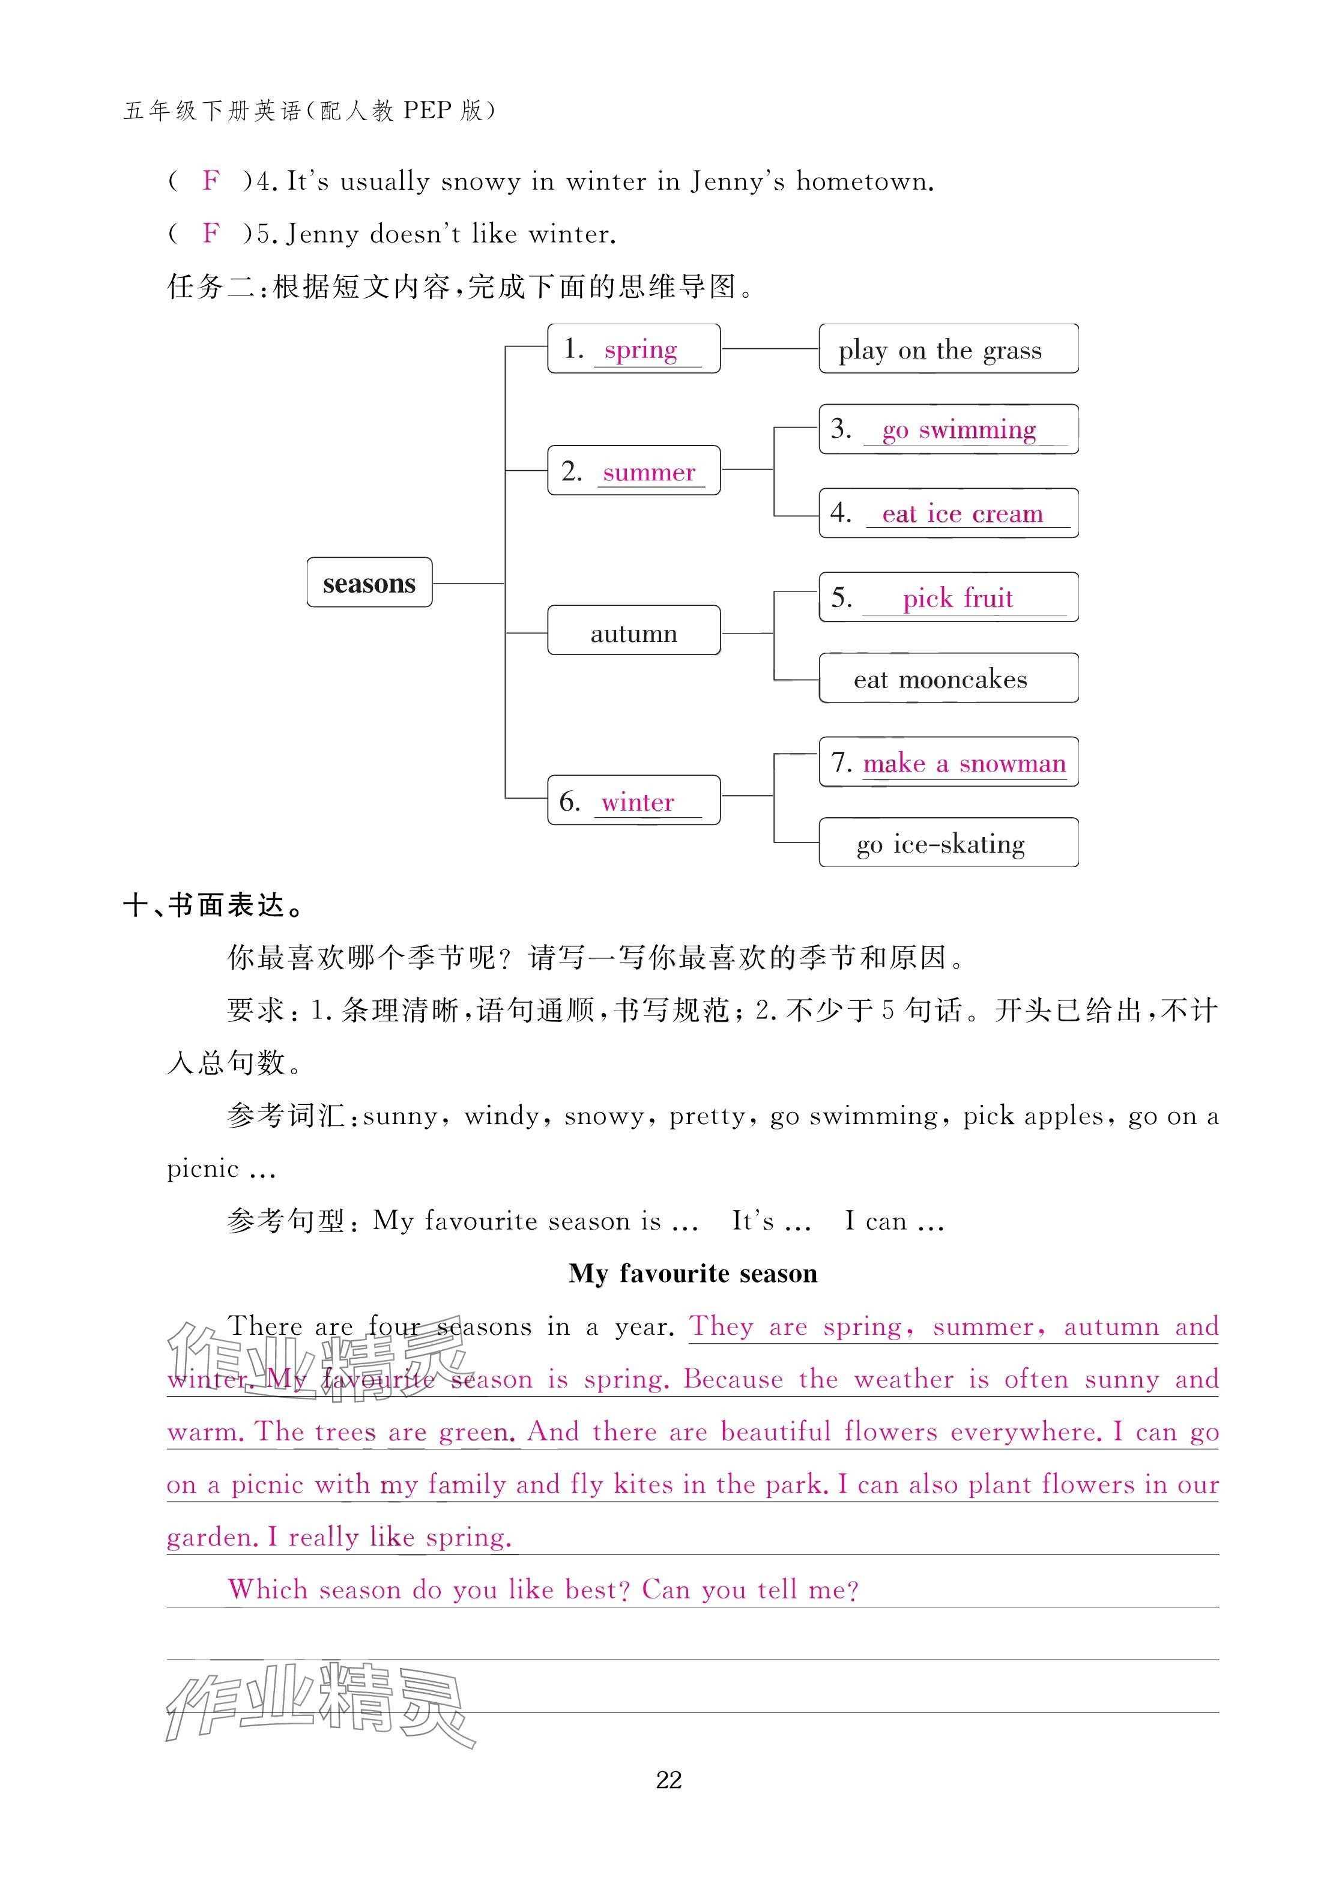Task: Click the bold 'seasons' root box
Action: coord(369,583)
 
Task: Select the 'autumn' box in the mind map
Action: coord(633,632)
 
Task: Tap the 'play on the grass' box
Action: coord(948,349)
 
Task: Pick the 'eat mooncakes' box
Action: coord(948,679)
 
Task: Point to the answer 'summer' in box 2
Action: coord(649,473)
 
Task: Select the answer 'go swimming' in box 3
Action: coord(959,429)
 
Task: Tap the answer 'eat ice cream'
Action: coord(962,513)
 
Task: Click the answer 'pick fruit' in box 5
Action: coord(957,597)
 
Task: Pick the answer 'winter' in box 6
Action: coord(637,802)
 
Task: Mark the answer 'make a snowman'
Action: coord(964,763)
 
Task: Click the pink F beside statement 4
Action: coord(211,181)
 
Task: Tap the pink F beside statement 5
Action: coord(211,234)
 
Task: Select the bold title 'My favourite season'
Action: coord(692,1274)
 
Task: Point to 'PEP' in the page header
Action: coord(427,110)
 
